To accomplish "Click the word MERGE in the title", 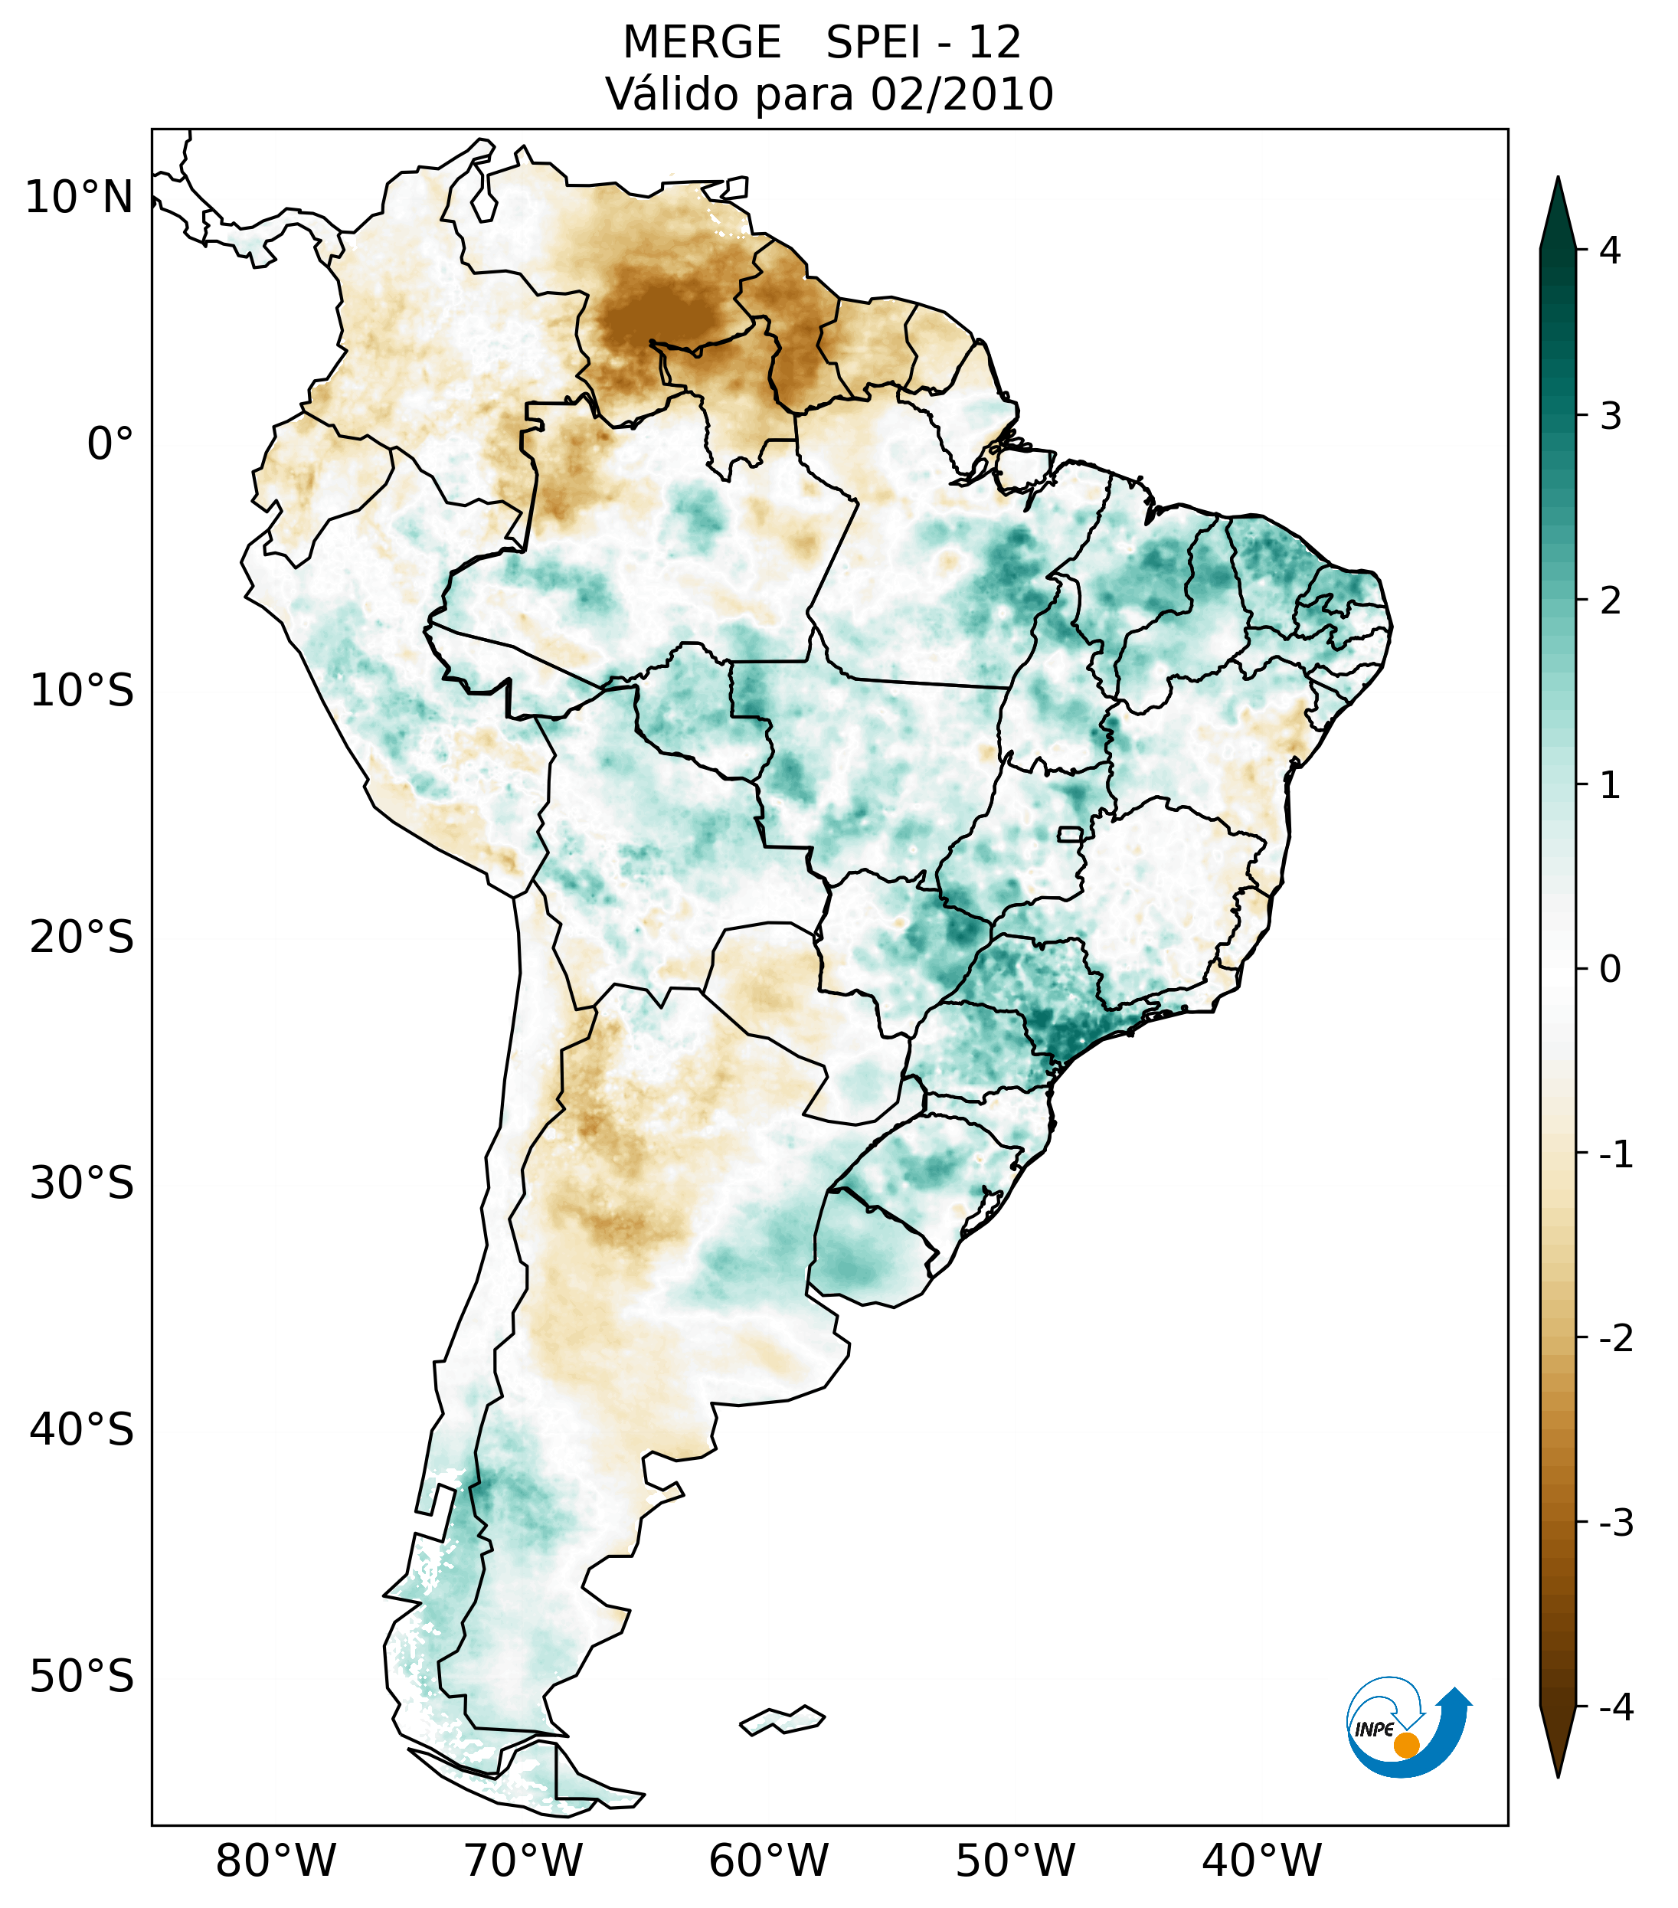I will (701, 43).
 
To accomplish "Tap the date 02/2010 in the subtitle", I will (961, 94).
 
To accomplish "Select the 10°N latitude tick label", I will (78, 198).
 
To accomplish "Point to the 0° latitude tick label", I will (110, 444).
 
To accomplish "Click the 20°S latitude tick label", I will (81, 938).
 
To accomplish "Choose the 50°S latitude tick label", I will (81, 1677).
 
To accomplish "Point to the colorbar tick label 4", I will (1610, 250).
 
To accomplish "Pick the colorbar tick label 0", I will (1610, 970).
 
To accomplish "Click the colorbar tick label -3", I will (1615, 1523).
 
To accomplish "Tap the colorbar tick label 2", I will (1610, 601).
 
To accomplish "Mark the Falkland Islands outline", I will (782, 1720).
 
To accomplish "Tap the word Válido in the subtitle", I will (673, 94).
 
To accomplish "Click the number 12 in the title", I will (995, 43).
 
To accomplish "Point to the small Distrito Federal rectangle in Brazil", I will (1069, 833).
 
